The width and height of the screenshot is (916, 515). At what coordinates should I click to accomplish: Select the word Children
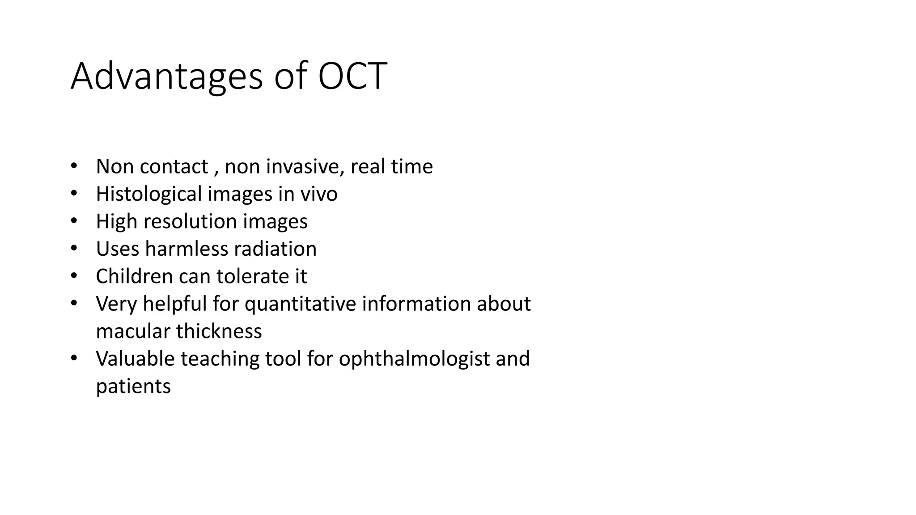click(x=134, y=276)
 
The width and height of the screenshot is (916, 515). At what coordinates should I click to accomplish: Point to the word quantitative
click(x=300, y=304)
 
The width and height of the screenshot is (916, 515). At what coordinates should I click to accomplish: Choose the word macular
click(x=133, y=331)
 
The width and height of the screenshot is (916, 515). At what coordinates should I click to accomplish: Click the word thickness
click(x=219, y=331)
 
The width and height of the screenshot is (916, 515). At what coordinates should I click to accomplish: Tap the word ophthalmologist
click(x=414, y=359)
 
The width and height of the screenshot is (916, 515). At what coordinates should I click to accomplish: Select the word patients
click(x=133, y=386)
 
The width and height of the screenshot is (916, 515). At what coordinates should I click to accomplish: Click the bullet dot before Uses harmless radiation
click(x=74, y=248)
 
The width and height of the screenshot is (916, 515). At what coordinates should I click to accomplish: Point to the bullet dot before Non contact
click(x=74, y=166)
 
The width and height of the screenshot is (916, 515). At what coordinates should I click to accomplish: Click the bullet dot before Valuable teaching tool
click(x=74, y=358)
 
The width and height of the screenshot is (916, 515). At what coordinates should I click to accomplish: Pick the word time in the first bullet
click(x=412, y=167)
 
